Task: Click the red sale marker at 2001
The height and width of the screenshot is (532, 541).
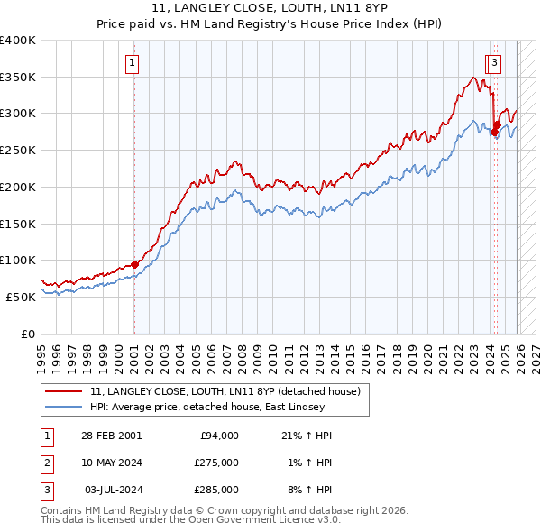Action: coord(134,264)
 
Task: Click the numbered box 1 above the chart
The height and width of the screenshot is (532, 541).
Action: coord(132,64)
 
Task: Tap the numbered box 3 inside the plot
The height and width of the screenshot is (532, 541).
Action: coord(494,64)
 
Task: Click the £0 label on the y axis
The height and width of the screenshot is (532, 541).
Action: coord(28,334)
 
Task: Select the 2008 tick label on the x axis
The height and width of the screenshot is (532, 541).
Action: coord(243,360)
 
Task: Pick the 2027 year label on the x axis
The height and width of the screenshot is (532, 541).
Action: coord(536,360)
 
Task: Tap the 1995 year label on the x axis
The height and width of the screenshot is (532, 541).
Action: coord(41,360)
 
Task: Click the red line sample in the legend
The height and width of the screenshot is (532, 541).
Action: coord(63,391)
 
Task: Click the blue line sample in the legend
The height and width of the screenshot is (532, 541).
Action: coord(63,407)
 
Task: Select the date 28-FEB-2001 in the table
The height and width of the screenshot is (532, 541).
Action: coord(112,436)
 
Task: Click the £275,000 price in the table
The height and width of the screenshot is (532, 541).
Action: coord(216,463)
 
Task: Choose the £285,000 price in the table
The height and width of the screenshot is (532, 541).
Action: coord(216,490)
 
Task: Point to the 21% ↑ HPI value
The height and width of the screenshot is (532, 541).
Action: coord(307,436)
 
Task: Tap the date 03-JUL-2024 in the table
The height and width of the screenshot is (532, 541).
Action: coord(114,490)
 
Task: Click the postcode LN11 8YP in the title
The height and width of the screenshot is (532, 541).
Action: coord(359,7)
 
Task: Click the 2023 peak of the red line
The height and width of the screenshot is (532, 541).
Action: coord(473,78)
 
